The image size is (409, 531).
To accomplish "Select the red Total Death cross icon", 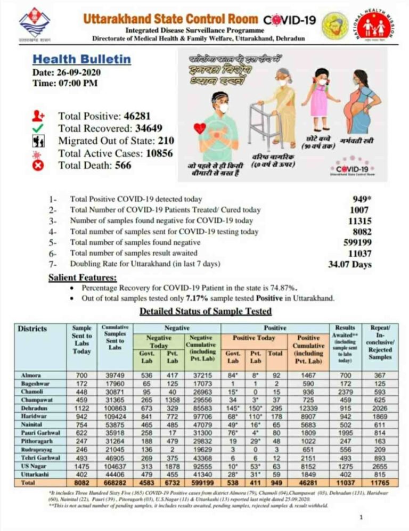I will click(x=38, y=166).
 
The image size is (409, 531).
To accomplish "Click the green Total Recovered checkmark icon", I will click(x=38, y=128).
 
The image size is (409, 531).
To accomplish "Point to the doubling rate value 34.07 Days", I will click(x=350, y=264).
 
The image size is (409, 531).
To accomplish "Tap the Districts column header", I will click(x=32, y=329).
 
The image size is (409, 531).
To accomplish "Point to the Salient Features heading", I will click(x=83, y=277).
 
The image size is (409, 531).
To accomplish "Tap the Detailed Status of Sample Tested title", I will click(x=205, y=311).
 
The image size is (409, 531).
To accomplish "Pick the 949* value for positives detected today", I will click(x=362, y=199).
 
